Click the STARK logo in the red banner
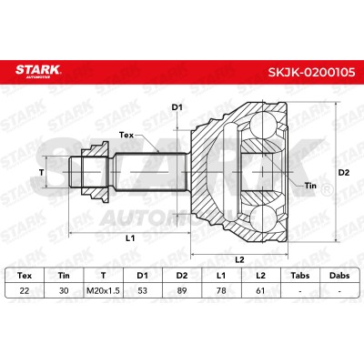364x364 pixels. (38, 71)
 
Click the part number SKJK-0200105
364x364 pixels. (311, 72)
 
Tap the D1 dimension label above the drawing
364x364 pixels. (177, 107)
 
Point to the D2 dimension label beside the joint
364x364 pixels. (344, 173)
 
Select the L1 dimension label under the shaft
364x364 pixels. (130, 238)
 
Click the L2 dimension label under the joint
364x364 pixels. (239, 259)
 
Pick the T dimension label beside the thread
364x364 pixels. (42, 172)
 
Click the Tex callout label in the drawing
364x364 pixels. (126, 135)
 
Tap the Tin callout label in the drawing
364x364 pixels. (310, 186)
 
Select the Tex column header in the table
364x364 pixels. (25, 276)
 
